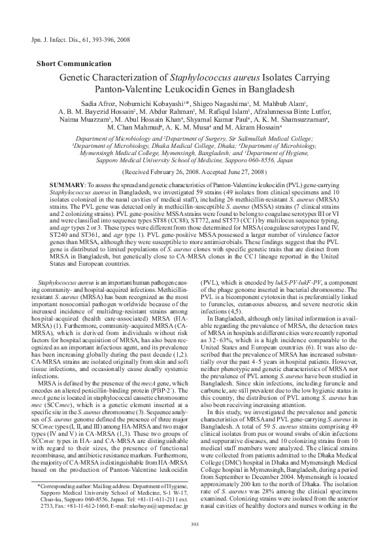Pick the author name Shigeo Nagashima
point(221,104)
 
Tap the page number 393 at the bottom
point(194,523)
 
